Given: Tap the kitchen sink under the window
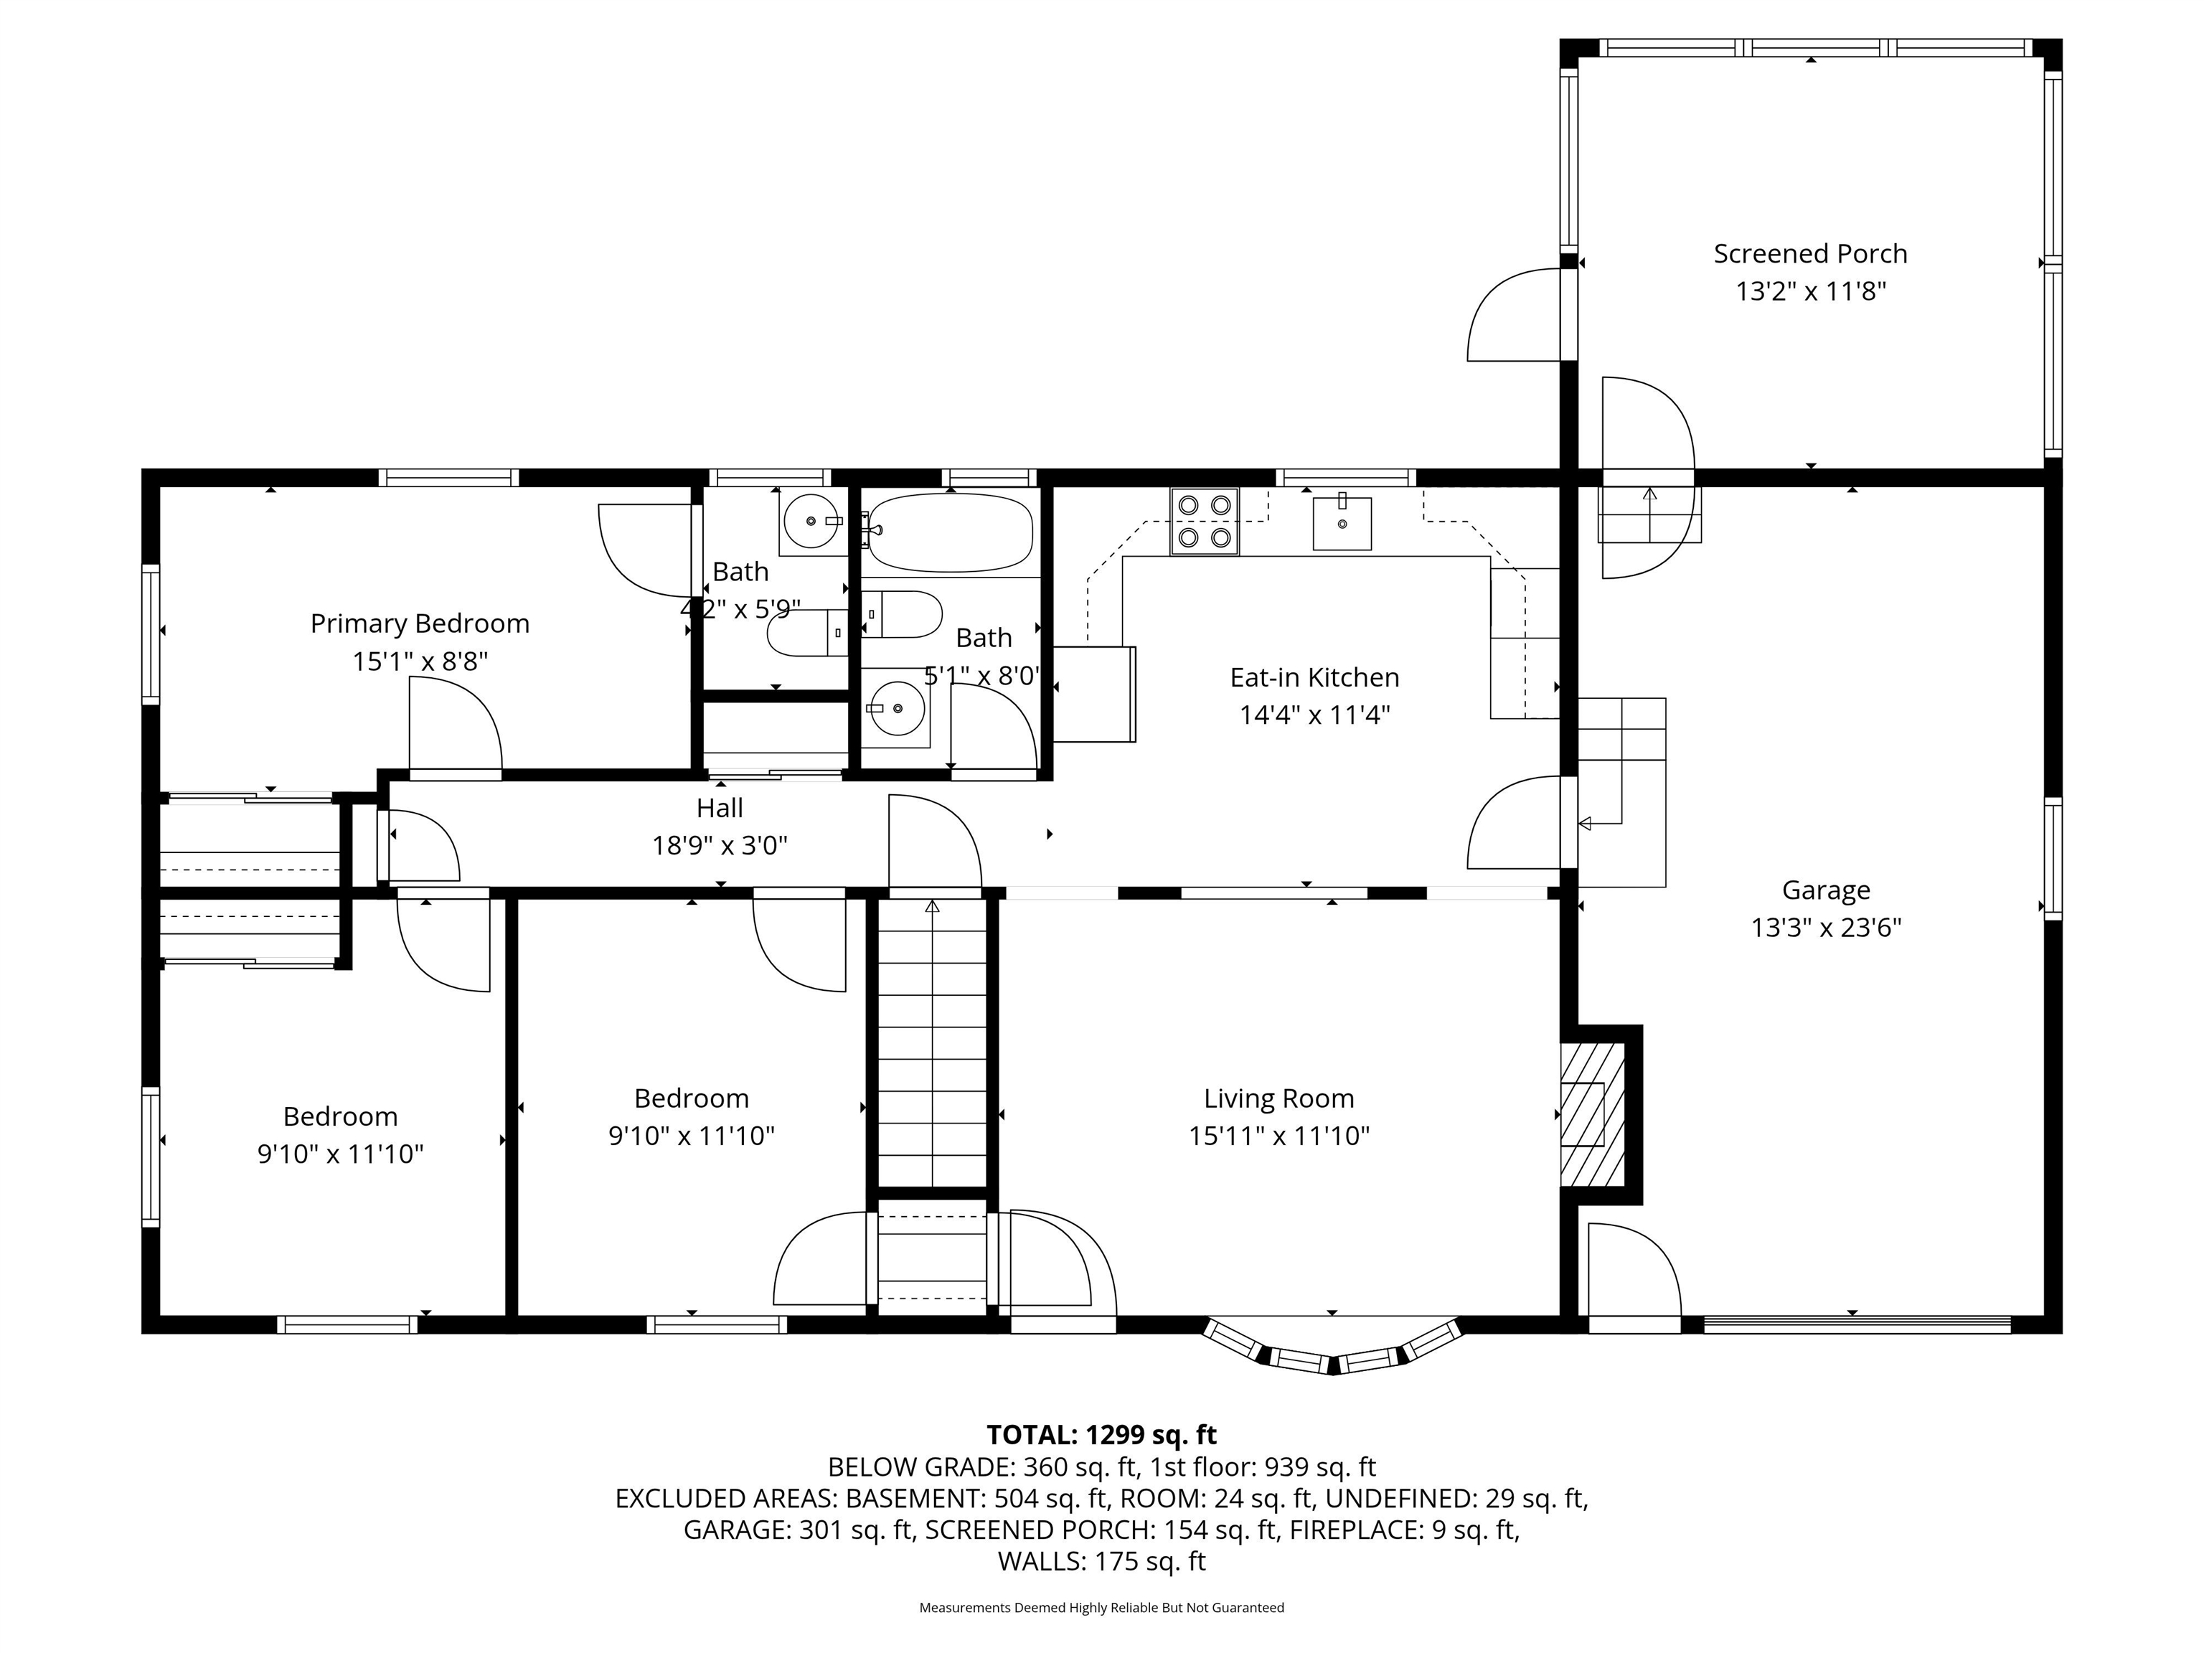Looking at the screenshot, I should (x=1341, y=523).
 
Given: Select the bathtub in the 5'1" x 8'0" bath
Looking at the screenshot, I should (x=948, y=533).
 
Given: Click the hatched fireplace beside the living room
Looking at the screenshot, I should (x=1591, y=1114).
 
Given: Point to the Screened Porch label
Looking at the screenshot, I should (x=1809, y=254).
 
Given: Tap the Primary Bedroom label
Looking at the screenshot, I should (x=420, y=623).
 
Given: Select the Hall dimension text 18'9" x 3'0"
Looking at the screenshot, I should (x=720, y=846).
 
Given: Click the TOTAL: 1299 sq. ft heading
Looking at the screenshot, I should (x=1101, y=1435).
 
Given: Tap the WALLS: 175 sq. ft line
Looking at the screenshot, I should (x=1101, y=1561).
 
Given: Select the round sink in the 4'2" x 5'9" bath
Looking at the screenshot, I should (x=810, y=520).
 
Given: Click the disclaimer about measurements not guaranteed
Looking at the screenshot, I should (x=1101, y=1607).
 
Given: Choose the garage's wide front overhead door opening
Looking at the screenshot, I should (x=1856, y=1324).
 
